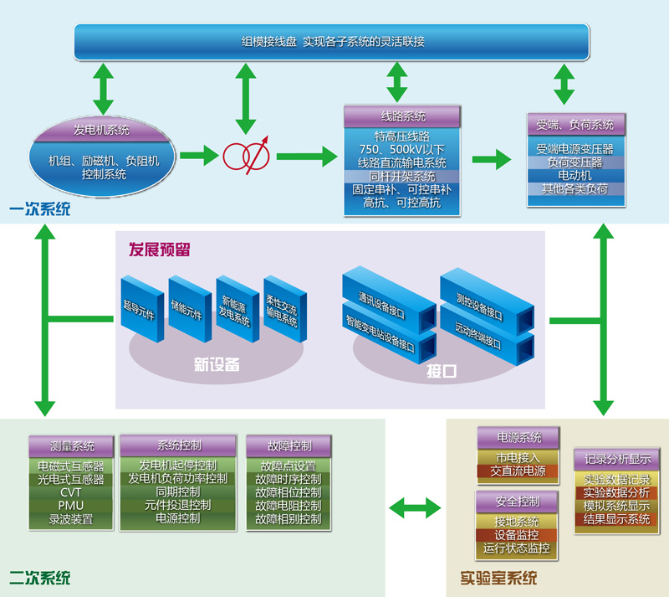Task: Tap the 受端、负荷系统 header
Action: tap(575, 125)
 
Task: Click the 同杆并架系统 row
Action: tap(402, 177)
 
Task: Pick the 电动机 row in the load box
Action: tap(575, 176)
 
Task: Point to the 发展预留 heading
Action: tap(159, 249)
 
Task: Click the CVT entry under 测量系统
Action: tap(71, 492)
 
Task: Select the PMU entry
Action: tap(71, 506)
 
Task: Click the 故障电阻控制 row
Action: tap(289, 506)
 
